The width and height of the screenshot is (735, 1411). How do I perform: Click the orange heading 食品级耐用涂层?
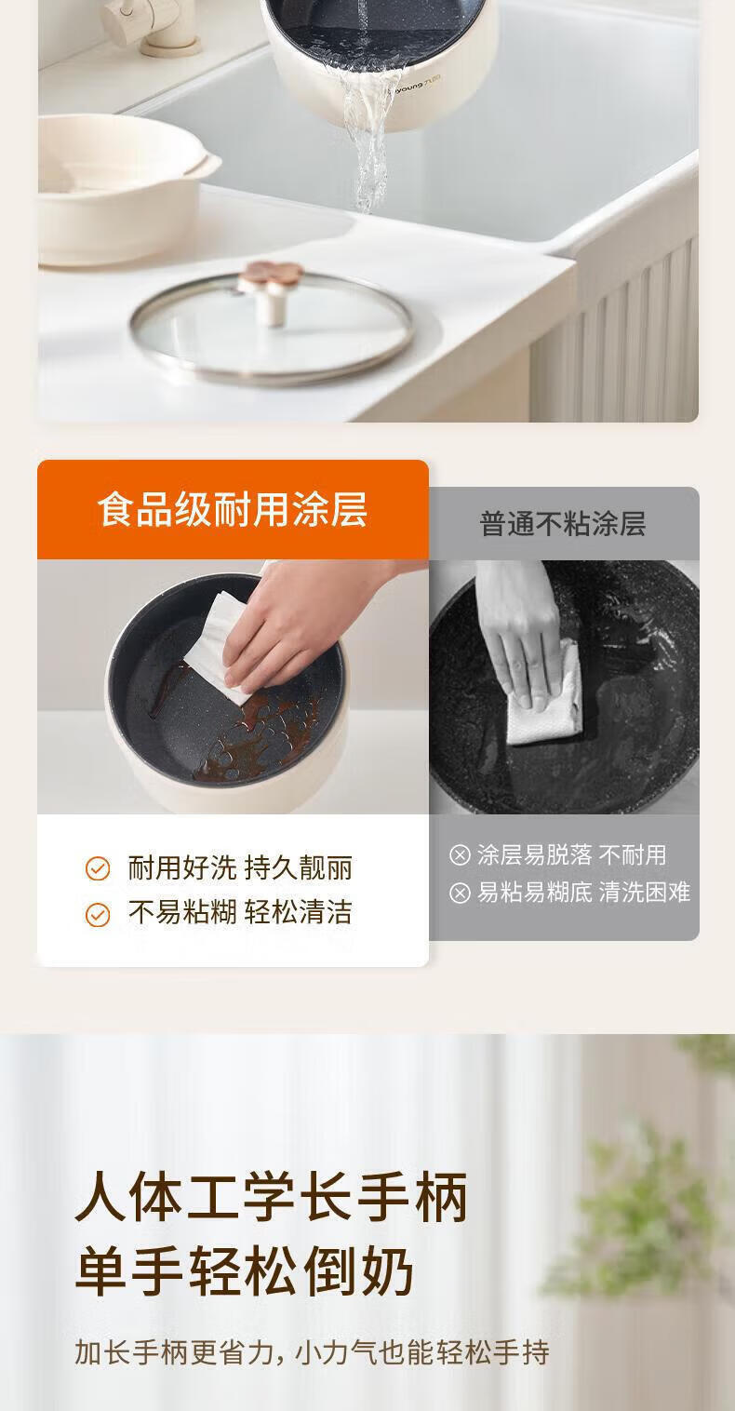[x=233, y=510]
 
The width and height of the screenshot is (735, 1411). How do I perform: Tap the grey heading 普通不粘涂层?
[x=563, y=524]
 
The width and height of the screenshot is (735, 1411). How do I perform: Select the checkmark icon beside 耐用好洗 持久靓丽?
[x=98, y=868]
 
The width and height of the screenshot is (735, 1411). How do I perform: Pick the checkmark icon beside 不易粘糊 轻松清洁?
[x=98, y=915]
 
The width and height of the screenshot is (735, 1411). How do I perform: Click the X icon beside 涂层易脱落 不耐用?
[x=460, y=854]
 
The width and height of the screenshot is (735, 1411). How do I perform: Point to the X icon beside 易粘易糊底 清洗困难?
[x=460, y=893]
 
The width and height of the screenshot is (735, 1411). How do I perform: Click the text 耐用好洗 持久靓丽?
[x=240, y=868]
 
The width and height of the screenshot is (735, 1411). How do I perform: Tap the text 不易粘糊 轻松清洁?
[x=240, y=912]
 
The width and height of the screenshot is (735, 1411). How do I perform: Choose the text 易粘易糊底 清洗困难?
[x=584, y=892]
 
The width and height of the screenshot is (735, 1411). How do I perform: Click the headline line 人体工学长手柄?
[x=272, y=1197]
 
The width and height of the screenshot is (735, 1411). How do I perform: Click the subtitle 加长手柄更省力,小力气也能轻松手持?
[x=312, y=1351]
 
